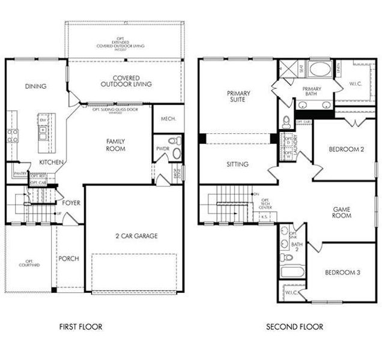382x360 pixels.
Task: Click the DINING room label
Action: tap(35, 86)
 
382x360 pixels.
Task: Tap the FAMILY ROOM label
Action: tap(115, 145)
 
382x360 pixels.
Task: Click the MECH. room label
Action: tap(168, 119)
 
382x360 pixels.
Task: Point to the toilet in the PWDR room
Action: tap(174, 142)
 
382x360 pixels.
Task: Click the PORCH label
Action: tap(69, 259)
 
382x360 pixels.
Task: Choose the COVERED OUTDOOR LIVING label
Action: tap(126, 81)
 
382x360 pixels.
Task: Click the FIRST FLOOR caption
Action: tap(80, 327)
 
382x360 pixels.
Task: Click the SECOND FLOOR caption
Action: tap(294, 327)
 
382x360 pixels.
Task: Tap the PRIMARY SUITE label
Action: tap(238, 97)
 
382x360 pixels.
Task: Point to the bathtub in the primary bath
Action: tap(319, 68)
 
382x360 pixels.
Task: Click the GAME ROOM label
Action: tap(342, 212)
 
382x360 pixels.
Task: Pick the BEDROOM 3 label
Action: tap(342, 272)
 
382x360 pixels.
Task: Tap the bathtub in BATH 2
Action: tap(292, 271)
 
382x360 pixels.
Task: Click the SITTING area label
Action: tap(237, 163)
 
